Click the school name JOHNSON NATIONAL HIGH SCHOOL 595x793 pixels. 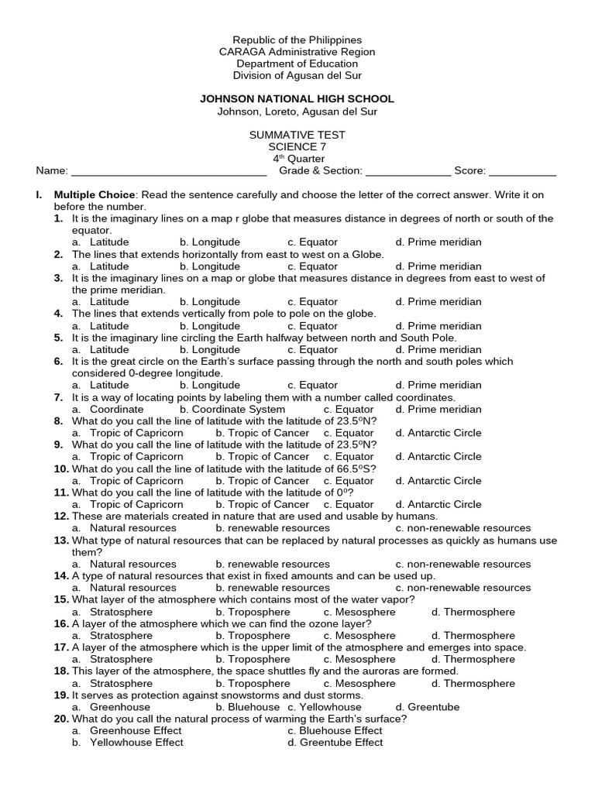pyautogui.click(x=297, y=99)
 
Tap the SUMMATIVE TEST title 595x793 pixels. pyautogui.click(x=297, y=135)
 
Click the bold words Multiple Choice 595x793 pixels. pyautogui.click(x=95, y=195)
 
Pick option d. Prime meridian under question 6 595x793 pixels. pyautogui.click(x=438, y=385)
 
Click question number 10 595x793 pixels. pyautogui.click(x=61, y=469)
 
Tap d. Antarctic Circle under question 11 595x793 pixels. pyautogui.click(x=438, y=504)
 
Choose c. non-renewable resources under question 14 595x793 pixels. pyautogui.click(x=463, y=588)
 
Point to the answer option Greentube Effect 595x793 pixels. pyautogui.click(x=335, y=743)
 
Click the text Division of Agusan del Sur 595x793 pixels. pyautogui.click(x=297, y=75)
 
